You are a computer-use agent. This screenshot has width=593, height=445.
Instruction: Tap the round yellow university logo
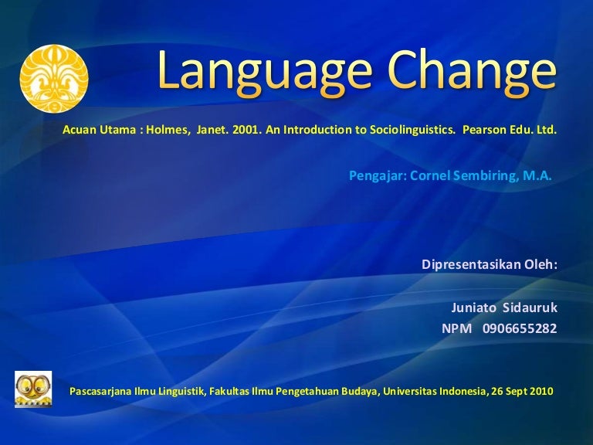click(54, 78)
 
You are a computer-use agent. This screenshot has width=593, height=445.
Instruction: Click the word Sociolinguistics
click(405, 131)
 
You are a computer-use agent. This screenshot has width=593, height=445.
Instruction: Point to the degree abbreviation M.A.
click(537, 175)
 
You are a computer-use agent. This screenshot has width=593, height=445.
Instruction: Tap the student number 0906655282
click(520, 328)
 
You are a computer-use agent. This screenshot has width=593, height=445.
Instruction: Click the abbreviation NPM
click(456, 328)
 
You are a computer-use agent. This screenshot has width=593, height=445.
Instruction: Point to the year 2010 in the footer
click(541, 391)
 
